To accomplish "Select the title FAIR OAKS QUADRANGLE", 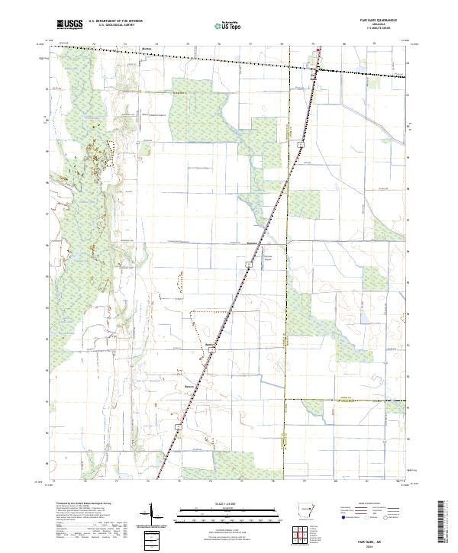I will (x=385, y=21).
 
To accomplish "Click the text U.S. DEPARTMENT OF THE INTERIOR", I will (x=115, y=22).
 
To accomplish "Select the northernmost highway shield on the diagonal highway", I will (x=302, y=143).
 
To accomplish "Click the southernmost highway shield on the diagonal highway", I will (x=178, y=426).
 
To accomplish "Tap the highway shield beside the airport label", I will (x=249, y=262).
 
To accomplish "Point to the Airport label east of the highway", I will (x=268, y=258).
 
